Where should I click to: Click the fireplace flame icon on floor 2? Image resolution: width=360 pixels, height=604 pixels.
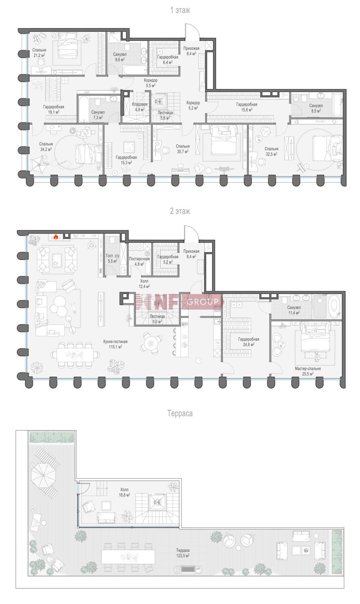click(56, 237)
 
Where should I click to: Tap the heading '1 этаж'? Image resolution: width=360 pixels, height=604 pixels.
click(180, 10)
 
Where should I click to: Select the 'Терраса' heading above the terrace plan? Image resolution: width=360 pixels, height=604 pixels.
click(180, 414)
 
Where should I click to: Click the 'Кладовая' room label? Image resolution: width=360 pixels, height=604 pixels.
click(140, 104)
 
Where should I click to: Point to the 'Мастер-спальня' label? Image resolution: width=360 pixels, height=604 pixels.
click(308, 368)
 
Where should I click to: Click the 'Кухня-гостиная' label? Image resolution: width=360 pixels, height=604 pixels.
click(115, 341)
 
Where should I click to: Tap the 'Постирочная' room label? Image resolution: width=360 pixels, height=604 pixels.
click(139, 259)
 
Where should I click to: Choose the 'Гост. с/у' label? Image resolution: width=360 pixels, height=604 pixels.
click(112, 256)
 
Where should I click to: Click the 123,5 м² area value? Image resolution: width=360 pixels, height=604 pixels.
click(183, 556)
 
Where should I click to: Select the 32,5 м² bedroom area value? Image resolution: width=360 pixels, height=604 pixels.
click(271, 154)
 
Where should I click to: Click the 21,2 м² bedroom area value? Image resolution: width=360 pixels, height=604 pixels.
click(39, 55)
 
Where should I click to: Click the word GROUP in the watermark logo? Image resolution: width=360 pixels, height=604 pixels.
click(203, 302)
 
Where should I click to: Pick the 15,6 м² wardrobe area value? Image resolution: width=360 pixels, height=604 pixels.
click(247, 110)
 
